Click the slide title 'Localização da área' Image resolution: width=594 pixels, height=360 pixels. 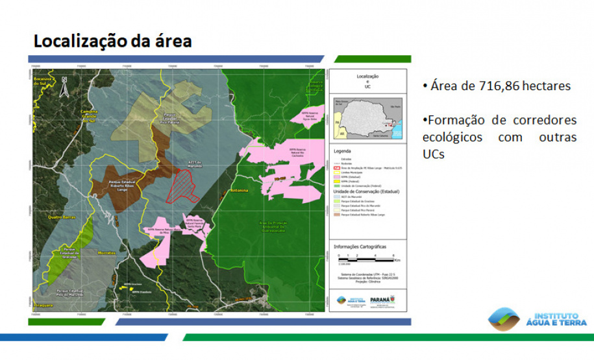[x=112, y=42]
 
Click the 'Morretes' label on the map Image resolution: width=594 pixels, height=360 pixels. [x=106, y=252]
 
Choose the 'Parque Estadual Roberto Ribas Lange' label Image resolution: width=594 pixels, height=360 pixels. [x=116, y=186]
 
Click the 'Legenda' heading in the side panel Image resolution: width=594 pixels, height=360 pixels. [x=342, y=151]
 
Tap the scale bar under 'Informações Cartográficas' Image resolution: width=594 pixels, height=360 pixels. [x=368, y=256]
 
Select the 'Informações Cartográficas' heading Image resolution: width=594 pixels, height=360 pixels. [x=360, y=246]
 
